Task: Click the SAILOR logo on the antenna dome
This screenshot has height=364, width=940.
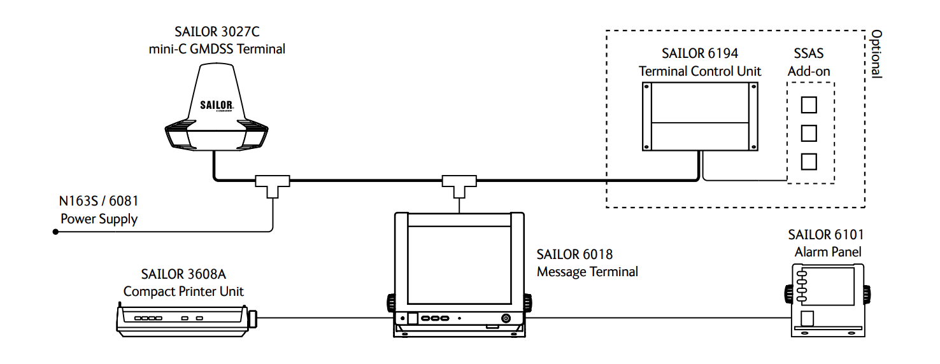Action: tap(217, 105)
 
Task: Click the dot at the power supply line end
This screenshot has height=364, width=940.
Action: tap(55, 232)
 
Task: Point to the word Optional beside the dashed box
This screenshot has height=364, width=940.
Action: tap(877, 53)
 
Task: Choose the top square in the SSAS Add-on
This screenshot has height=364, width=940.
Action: tap(809, 105)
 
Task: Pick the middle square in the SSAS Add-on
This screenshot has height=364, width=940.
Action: tap(809, 134)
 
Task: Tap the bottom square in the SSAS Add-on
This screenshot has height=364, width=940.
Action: tap(809, 162)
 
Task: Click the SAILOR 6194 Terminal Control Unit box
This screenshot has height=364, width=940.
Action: tap(700, 116)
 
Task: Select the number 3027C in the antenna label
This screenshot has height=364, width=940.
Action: tap(241, 31)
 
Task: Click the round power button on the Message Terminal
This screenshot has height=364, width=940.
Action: tap(506, 318)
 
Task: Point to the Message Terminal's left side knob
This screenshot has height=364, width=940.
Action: tap(391, 302)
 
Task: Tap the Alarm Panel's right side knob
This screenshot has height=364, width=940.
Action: tap(867, 294)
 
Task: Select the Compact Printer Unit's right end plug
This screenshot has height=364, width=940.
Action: tap(252, 318)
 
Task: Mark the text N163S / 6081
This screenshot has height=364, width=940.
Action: tap(99, 201)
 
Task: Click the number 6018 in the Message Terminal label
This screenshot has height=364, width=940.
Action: tap(597, 254)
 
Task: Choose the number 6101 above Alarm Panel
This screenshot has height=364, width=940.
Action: tap(848, 234)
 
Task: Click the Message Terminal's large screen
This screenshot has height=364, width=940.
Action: tap(459, 265)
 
